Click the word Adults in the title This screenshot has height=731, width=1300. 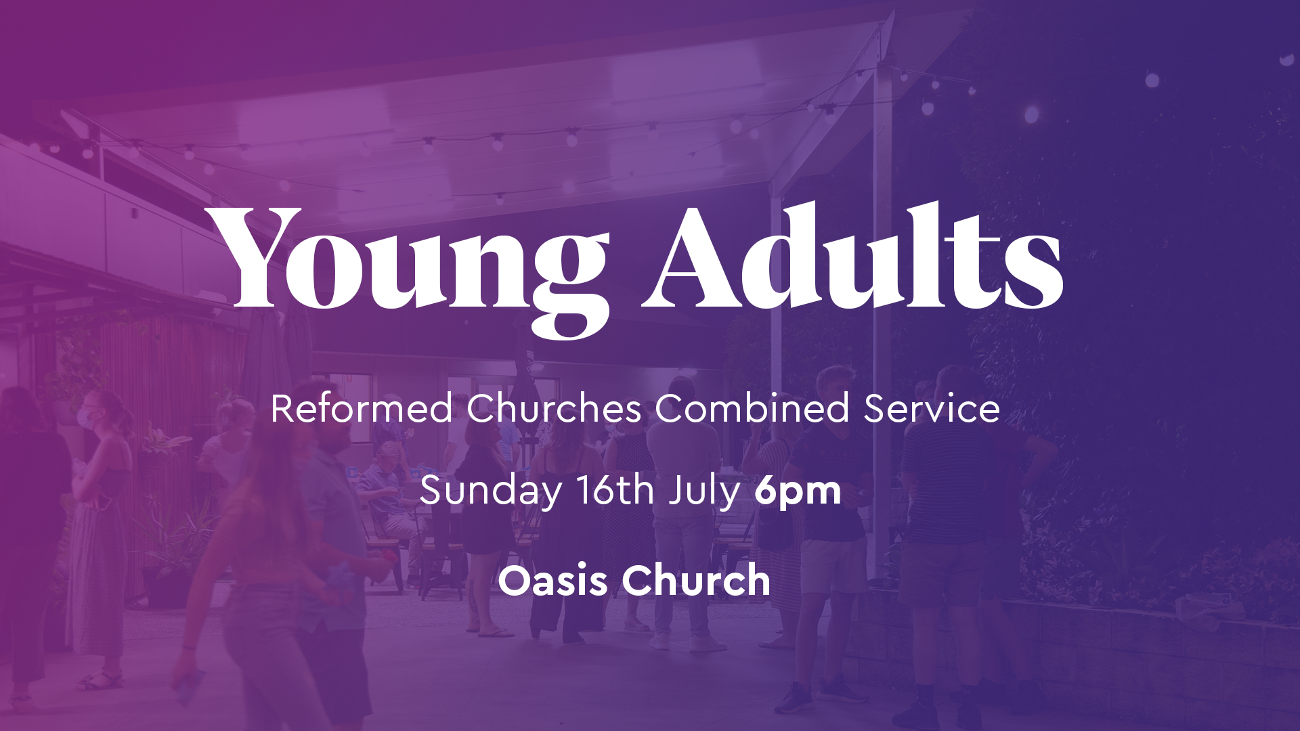point(852,256)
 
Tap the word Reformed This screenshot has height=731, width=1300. point(362,408)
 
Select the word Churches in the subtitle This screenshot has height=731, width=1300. point(554,408)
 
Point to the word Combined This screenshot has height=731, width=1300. point(752,408)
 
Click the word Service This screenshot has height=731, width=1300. point(932,408)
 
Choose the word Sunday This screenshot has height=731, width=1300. point(491,491)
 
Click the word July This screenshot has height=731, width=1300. point(704,491)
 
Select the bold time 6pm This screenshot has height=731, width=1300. point(798,491)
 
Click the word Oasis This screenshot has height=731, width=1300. point(552,581)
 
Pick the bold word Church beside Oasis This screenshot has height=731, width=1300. point(696,580)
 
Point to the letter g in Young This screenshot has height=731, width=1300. point(570,284)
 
